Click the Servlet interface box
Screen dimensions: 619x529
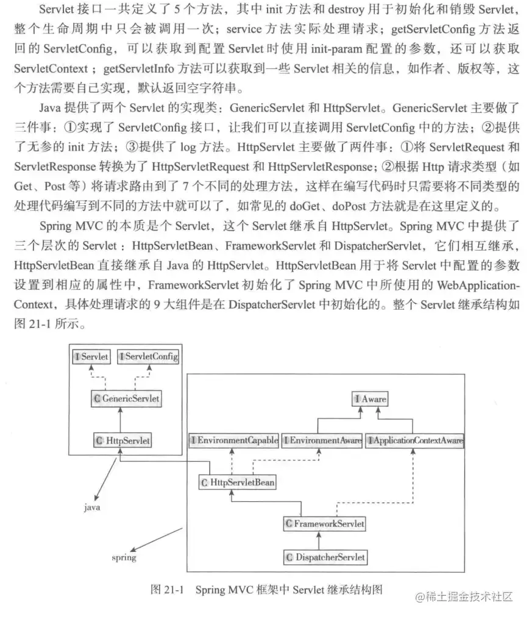click(91, 356)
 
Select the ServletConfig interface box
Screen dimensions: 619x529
click(148, 356)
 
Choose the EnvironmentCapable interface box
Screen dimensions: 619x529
click(233, 440)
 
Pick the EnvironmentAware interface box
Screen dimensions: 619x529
click(321, 440)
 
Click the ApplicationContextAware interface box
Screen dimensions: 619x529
click(414, 440)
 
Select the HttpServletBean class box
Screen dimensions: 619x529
click(237, 482)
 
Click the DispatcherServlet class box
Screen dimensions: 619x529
click(325, 557)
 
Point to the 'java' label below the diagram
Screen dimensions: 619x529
click(92, 507)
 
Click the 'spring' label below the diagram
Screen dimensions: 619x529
click(124, 557)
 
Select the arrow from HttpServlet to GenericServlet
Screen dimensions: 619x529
click(121, 419)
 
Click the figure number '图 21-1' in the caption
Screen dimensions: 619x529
click(166, 590)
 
